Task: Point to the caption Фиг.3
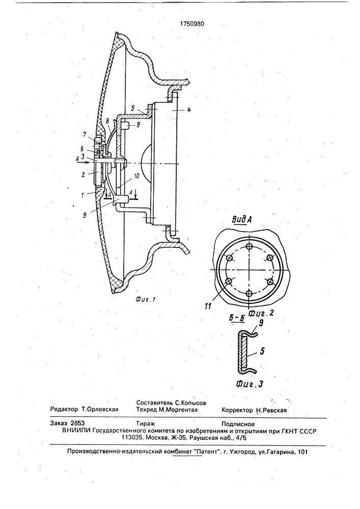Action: tap(249, 383)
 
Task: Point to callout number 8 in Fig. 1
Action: tap(108, 121)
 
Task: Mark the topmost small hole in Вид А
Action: tap(249, 246)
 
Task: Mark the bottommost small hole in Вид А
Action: tap(249, 293)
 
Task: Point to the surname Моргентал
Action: tap(182, 409)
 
